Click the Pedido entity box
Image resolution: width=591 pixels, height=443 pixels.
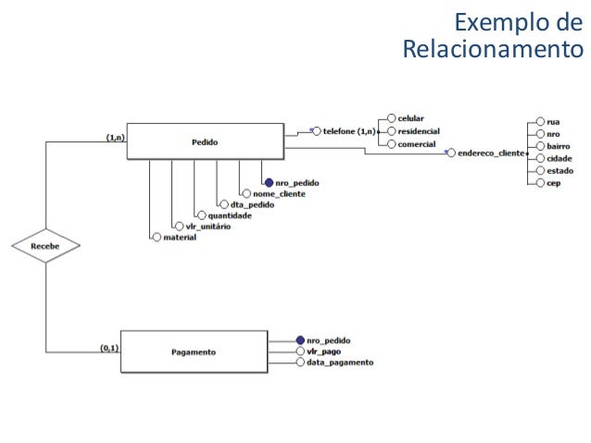[x=205, y=142]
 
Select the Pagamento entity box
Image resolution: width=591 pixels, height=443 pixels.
[x=194, y=352]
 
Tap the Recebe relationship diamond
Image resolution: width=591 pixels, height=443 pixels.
[x=45, y=247]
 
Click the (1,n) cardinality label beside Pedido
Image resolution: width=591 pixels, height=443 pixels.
[x=116, y=137]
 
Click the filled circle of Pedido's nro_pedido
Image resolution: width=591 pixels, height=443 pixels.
[x=269, y=183]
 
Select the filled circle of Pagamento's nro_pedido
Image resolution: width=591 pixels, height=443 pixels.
[x=300, y=340]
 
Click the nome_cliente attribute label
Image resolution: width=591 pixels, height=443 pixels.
[x=281, y=194]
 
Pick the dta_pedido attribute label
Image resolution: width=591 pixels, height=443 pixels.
[x=252, y=204]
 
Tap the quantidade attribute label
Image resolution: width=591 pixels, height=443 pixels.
[x=229, y=215]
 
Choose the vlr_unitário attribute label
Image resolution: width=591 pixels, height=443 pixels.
[x=202, y=227]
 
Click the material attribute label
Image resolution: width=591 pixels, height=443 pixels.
[x=179, y=238]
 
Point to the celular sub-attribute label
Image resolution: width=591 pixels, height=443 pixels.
[x=411, y=118]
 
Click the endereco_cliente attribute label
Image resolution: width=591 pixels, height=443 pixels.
[x=491, y=152]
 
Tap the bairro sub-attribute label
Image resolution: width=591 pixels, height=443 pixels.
[x=560, y=146]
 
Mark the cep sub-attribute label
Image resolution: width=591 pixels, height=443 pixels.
[x=554, y=183]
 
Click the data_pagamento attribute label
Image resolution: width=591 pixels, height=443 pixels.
[x=340, y=363]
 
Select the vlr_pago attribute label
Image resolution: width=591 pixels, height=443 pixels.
[x=325, y=351]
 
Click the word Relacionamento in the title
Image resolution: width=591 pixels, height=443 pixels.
[x=493, y=47]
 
